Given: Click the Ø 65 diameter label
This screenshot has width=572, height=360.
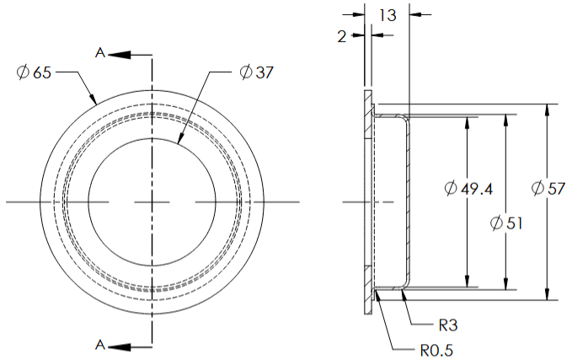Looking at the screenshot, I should click(x=34, y=73).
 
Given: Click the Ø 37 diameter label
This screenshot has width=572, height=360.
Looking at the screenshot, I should click(x=256, y=73).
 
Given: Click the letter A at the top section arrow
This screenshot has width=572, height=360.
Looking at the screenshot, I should click(x=99, y=53).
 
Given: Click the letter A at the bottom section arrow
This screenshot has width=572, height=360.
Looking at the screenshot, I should click(x=99, y=345).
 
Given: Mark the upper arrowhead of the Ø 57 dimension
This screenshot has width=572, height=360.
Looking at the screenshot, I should click(x=548, y=110).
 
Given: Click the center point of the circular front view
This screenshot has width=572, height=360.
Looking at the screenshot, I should click(x=152, y=201).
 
